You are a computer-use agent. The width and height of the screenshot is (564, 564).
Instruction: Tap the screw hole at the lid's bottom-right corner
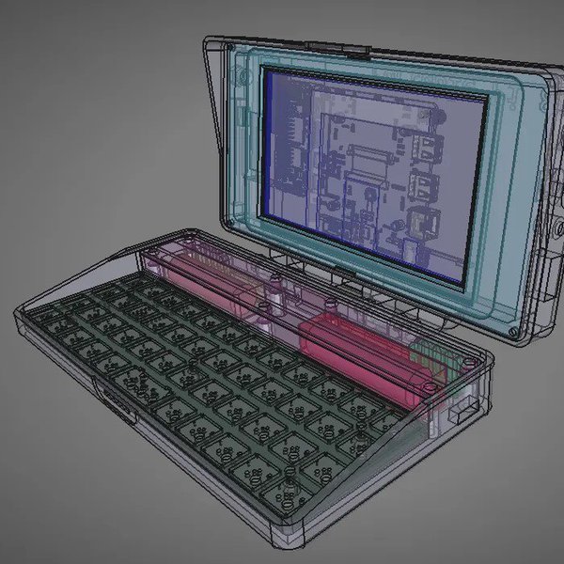point(513,332)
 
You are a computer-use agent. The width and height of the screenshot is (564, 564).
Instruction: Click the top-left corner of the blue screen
point(267,74)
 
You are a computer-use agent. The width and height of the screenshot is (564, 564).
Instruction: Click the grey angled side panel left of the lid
point(214,122)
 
